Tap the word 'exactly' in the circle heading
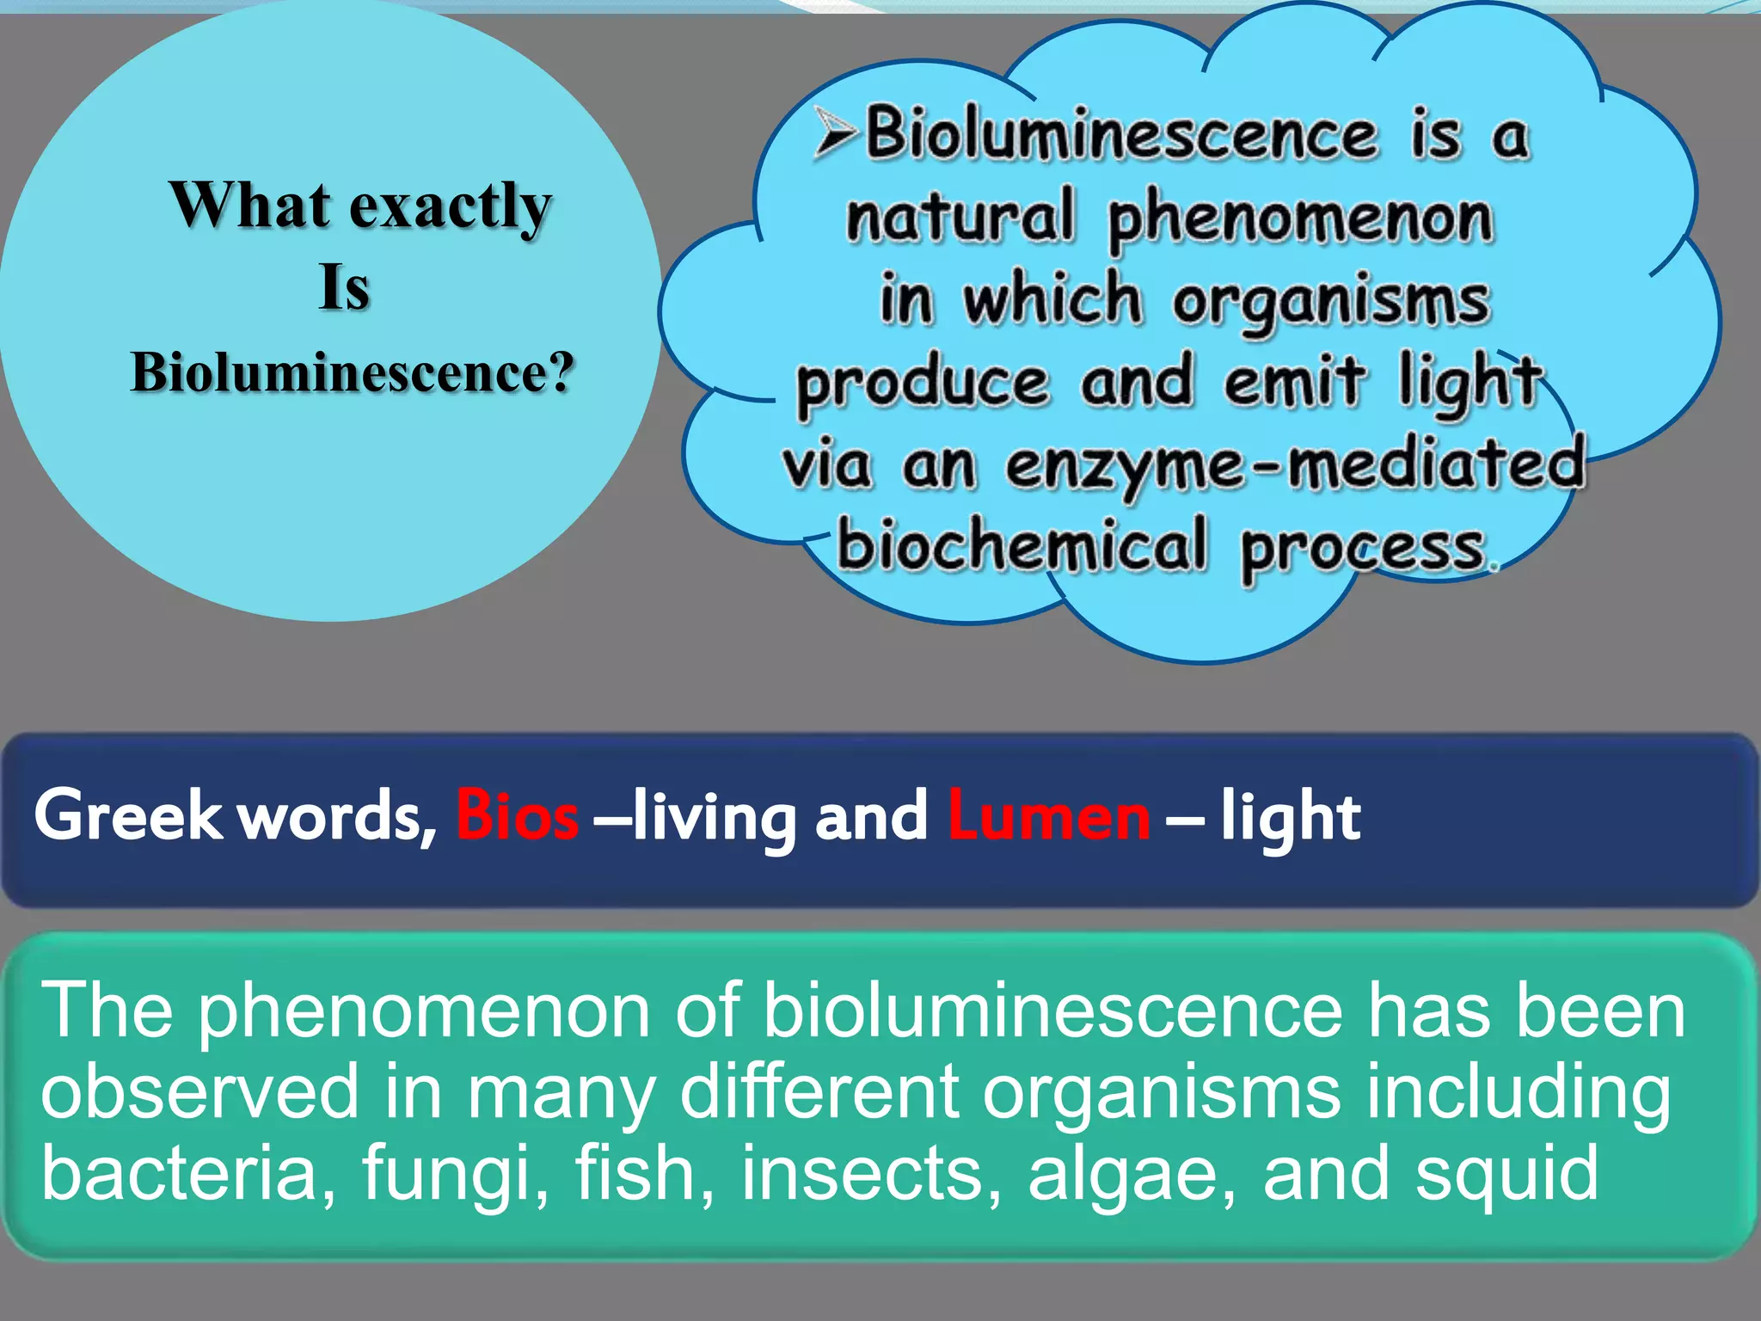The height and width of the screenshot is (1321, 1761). pos(450,208)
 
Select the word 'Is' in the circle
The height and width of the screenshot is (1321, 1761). pos(344,287)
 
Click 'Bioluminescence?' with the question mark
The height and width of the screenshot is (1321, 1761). pos(352,372)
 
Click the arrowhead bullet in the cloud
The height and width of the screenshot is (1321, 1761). pos(836,135)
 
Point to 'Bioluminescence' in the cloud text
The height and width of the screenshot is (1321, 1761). pos(1121,135)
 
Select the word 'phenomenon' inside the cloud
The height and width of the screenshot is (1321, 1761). pos(1300,218)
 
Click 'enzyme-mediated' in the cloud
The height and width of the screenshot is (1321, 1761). pos(1295,465)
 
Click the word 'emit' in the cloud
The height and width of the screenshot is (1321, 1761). pos(1293,380)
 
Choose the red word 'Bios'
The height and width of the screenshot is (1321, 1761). pos(517,815)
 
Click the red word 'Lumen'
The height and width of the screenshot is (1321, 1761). pos(1048,815)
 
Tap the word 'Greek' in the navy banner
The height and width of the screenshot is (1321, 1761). pos(128,815)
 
